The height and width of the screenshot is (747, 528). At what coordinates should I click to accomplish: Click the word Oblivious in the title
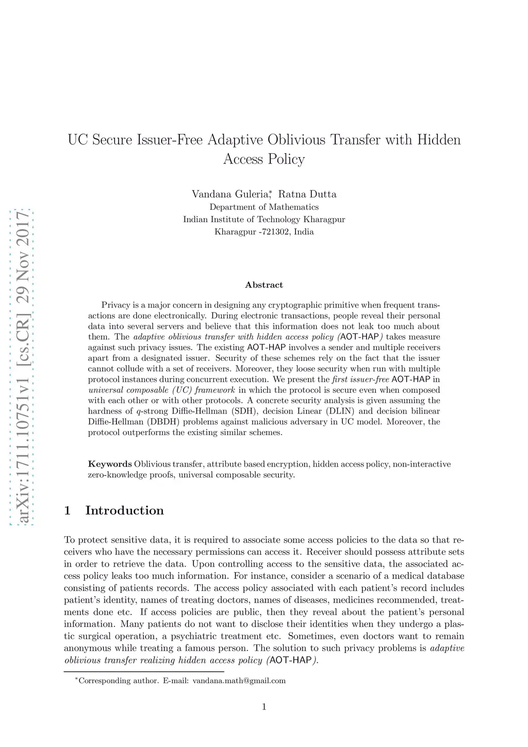(295, 140)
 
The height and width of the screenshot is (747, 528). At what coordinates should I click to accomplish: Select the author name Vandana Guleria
(229, 194)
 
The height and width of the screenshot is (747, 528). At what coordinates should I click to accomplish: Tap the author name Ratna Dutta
(307, 194)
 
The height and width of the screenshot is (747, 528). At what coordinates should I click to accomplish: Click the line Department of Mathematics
(264, 207)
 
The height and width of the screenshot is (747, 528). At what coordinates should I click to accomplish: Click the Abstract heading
(264, 285)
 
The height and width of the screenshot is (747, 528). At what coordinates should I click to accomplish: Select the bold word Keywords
(110, 464)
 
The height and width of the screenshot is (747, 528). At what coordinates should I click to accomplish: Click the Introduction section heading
(124, 510)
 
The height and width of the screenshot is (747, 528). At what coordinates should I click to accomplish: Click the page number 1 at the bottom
(264, 707)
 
